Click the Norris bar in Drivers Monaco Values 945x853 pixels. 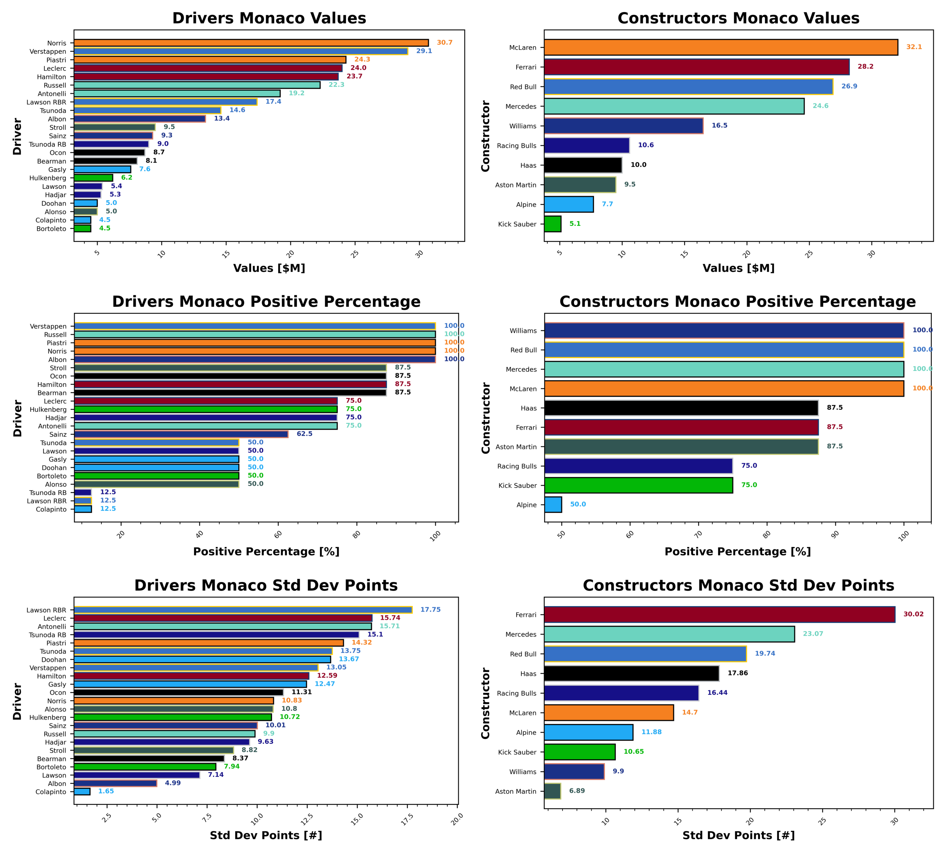pyautogui.click(x=251, y=43)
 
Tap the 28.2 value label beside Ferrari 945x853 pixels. pyautogui.click(x=865, y=66)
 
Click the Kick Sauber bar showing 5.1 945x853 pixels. pyautogui.click(x=552, y=224)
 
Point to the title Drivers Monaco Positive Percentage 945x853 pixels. pyautogui.click(x=266, y=301)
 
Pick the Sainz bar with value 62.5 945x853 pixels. pyautogui.click(x=181, y=434)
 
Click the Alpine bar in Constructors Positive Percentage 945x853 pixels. pyautogui.click(x=553, y=505)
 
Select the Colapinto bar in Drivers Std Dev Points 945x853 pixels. pyautogui.click(x=82, y=792)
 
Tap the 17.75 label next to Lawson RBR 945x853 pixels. pyautogui.click(x=430, y=610)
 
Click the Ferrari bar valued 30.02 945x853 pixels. pyautogui.click(x=719, y=614)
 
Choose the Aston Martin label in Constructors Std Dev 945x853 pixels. pyautogui.click(x=515, y=792)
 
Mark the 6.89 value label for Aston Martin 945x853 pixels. pyautogui.click(x=577, y=791)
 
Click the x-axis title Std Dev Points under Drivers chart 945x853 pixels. pyautogui.click(x=266, y=835)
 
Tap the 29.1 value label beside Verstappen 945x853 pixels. pyautogui.click(x=424, y=51)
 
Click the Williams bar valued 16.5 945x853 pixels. pyautogui.click(x=623, y=126)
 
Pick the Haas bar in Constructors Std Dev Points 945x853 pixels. pyautogui.click(x=631, y=673)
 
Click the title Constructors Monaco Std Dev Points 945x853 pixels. pyautogui.click(x=738, y=586)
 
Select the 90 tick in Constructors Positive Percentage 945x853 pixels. pyautogui.click(x=835, y=534)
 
